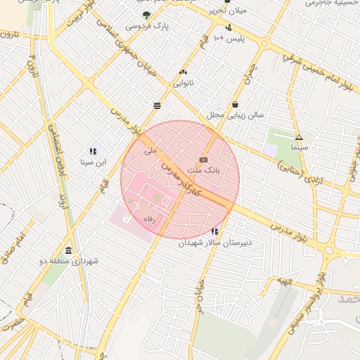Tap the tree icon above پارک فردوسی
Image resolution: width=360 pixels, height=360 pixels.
click(146, 14)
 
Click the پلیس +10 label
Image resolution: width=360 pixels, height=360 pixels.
click(229, 38)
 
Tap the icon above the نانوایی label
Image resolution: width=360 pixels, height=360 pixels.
click(184, 72)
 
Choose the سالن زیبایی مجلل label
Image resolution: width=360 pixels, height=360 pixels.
click(235, 114)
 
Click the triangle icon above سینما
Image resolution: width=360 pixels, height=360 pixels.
click(299, 137)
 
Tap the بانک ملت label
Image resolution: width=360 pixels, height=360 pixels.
click(207, 170)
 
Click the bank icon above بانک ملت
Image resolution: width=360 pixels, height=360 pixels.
click(203, 160)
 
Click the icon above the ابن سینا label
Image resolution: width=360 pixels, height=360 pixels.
click(92, 151)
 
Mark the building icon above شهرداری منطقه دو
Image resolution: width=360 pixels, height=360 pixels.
click(67, 251)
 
